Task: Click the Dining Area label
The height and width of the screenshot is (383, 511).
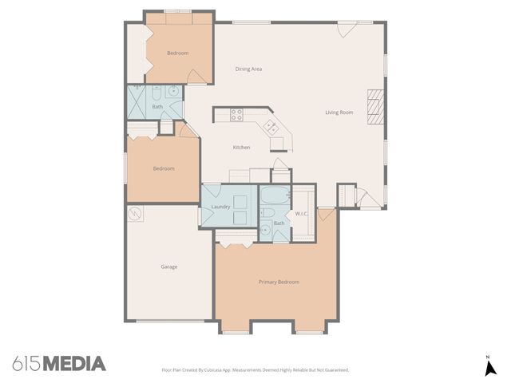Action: [x=248, y=69]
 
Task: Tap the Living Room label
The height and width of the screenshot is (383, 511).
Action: [x=339, y=113]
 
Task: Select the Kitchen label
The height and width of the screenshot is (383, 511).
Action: [x=241, y=148]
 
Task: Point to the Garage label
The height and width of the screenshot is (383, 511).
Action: [x=168, y=267]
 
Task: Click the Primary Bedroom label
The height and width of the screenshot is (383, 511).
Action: [x=279, y=282]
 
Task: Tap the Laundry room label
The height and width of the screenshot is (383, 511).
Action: [x=220, y=207]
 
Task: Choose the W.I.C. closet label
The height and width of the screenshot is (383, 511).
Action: [x=301, y=214]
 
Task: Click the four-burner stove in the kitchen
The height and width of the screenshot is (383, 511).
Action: [x=236, y=115]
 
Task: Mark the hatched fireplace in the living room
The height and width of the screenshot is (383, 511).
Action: [x=374, y=106]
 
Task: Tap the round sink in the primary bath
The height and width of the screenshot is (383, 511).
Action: [x=266, y=231]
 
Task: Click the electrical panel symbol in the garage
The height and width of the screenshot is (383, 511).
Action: [x=135, y=214]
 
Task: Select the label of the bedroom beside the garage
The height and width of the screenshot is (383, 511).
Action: [x=164, y=168]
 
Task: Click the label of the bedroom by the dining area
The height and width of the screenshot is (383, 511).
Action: [x=177, y=53]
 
